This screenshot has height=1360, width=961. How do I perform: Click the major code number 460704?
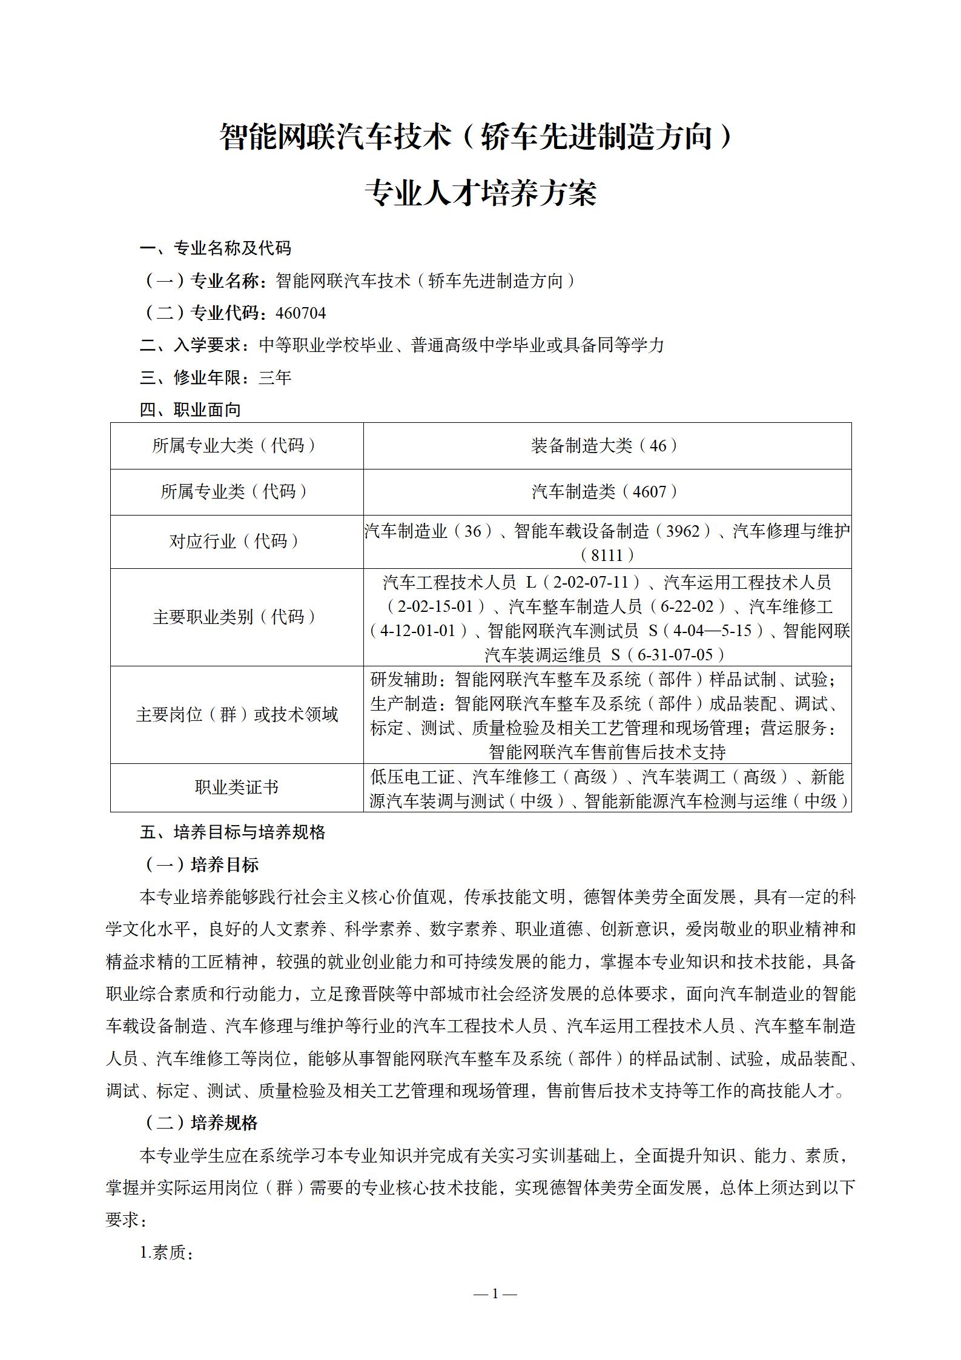[300, 313]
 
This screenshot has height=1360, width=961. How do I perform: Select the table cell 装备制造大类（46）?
[607, 446]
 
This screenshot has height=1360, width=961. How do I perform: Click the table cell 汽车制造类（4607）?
[607, 492]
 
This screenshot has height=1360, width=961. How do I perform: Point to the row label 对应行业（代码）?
[237, 542]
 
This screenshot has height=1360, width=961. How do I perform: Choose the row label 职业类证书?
[237, 787]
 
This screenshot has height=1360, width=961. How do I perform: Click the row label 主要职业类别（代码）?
[237, 617]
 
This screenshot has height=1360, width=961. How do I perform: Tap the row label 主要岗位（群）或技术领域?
[237, 715]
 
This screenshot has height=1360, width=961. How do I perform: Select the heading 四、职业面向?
[190, 410]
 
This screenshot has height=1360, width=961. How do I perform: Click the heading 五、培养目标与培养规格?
[233, 832]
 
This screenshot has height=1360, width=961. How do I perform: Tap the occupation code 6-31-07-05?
[673, 655]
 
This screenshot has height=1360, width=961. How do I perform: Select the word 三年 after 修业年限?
[275, 378]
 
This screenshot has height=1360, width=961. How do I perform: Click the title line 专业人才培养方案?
[481, 193]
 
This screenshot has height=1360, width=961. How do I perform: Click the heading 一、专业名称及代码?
[216, 248]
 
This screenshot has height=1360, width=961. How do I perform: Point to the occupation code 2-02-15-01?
[437, 606]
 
